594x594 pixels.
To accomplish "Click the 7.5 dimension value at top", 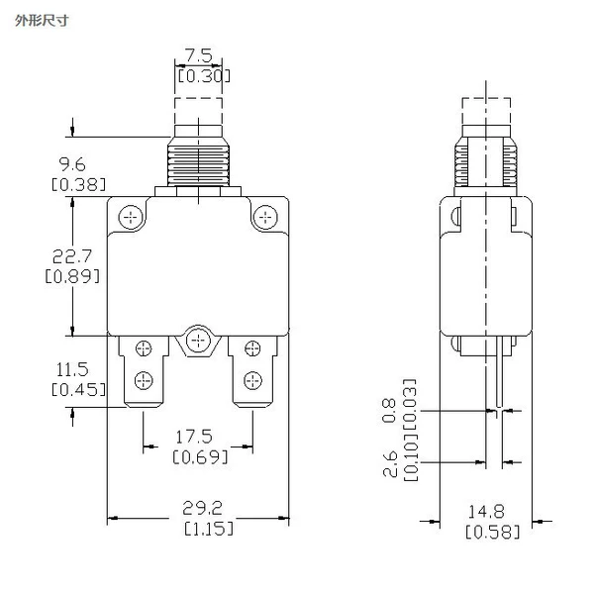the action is coord(199,55).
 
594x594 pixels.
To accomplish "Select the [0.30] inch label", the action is coord(204,76).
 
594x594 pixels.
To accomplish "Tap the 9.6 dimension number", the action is coord(72,164).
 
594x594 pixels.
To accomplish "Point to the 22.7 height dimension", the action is coord(72,256).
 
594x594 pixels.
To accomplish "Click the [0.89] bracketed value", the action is coord(72,276).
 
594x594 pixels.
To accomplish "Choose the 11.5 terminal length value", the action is coord(72,369).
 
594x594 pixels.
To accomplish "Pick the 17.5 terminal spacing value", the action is coord(194,437).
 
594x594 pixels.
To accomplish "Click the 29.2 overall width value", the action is coord(202,508).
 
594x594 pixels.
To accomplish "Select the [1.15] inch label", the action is coord(209,528).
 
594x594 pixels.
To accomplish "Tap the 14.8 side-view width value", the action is coord(486,512).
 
